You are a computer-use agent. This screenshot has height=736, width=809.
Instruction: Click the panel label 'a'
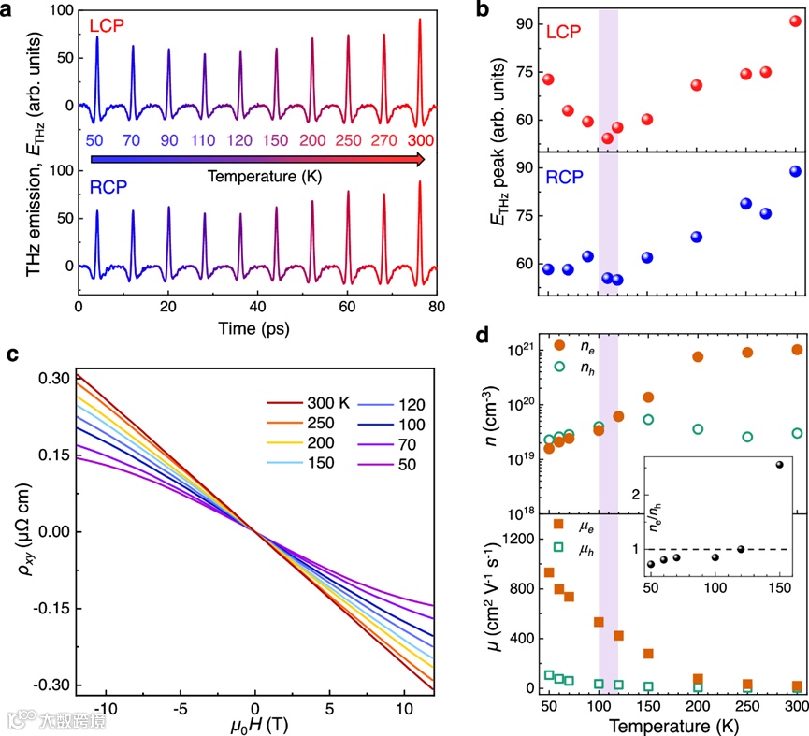click(x=10, y=11)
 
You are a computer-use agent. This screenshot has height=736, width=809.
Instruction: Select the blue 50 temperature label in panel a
click(x=94, y=139)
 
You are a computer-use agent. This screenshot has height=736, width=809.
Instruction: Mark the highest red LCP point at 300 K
click(x=795, y=22)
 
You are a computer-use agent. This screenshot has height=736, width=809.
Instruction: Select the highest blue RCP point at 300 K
click(x=795, y=171)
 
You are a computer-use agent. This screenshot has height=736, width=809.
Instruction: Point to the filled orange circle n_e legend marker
click(x=560, y=346)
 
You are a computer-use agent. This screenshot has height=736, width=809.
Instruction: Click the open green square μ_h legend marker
click(x=559, y=546)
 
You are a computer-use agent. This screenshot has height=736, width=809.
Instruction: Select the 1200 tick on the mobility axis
click(x=515, y=539)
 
